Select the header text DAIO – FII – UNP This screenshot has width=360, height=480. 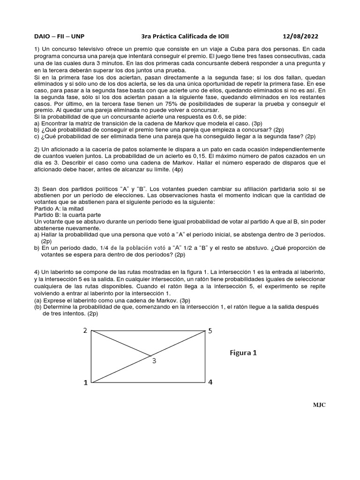(60, 36)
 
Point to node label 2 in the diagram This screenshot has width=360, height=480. (85, 330)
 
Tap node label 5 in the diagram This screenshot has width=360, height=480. (210, 331)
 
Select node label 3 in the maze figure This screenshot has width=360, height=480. (154, 360)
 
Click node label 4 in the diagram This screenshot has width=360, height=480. (210, 382)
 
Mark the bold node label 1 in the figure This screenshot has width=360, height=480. (85, 382)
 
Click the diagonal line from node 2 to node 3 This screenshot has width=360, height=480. (121, 343)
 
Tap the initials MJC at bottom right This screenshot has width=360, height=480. (319, 405)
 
